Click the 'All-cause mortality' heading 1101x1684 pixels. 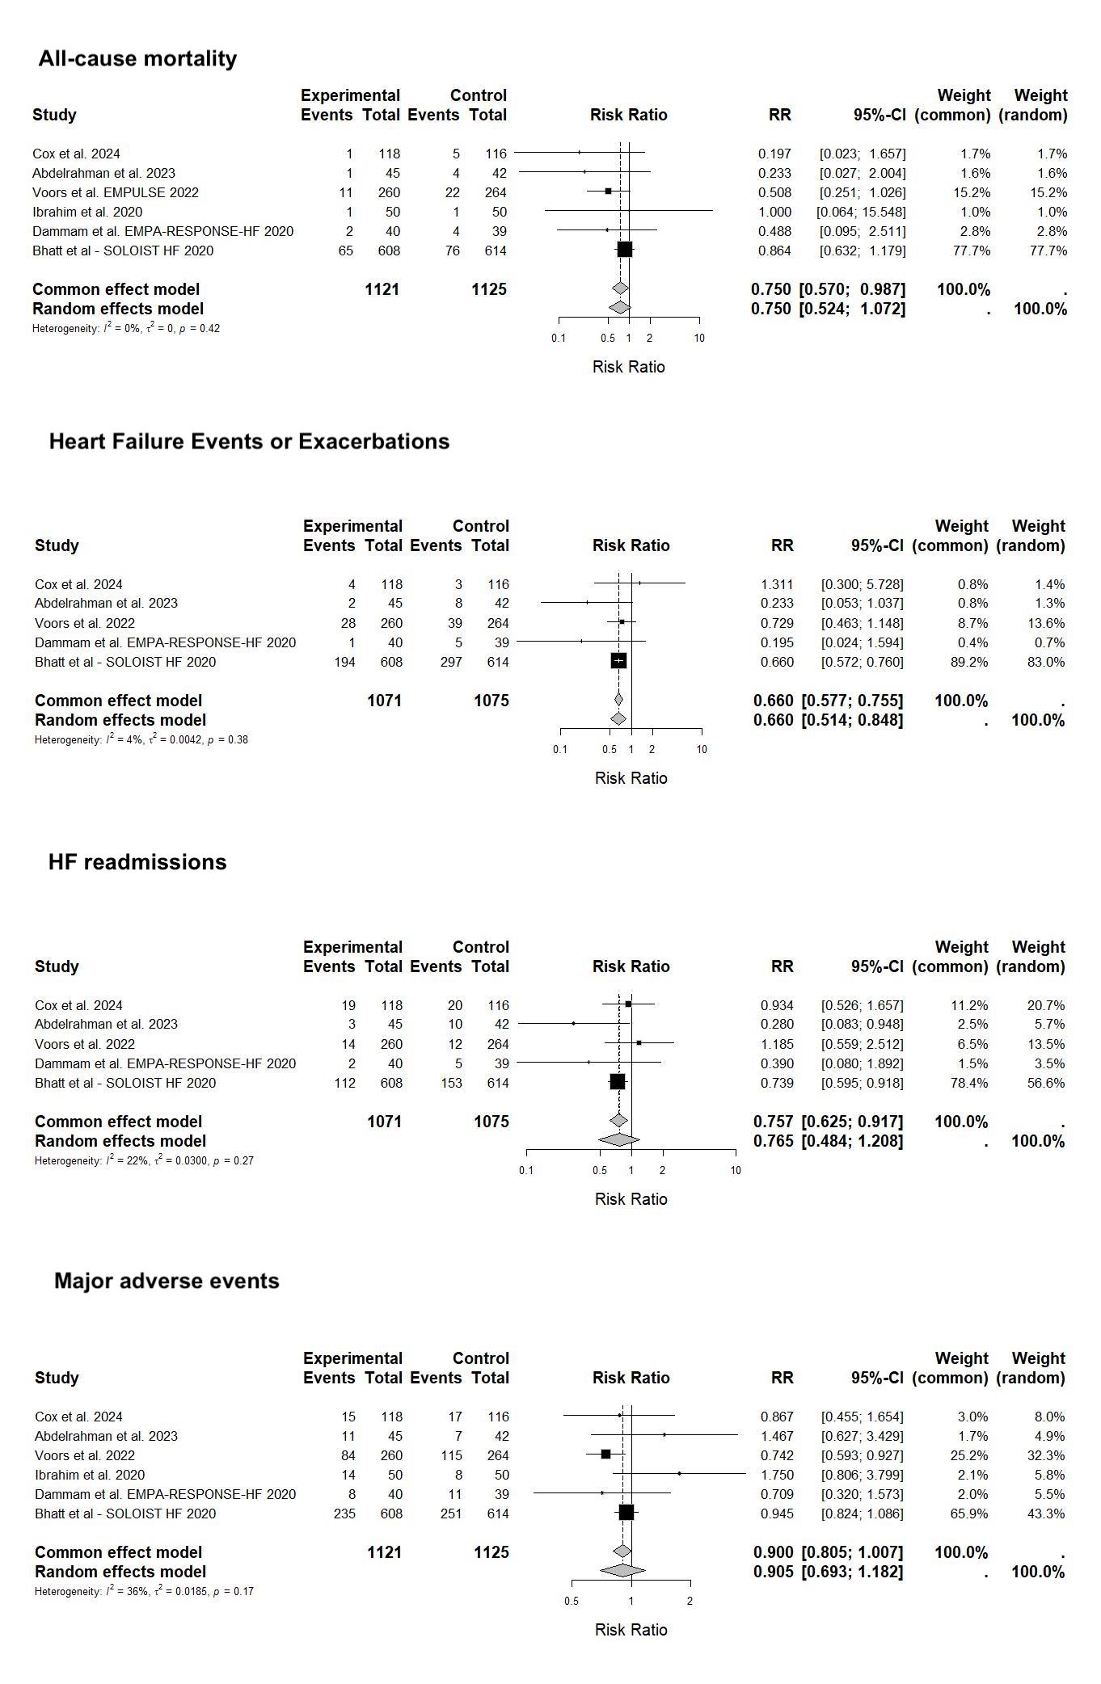pyautogui.click(x=137, y=59)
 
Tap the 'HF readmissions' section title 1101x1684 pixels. pyautogui.click(x=137, y=862)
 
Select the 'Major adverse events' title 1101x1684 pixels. pyautogui.click(x=167, y=1282)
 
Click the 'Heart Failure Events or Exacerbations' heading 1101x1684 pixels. pyautogui.click(x=249, y=442)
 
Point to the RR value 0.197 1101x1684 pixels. pyautogui.click(x=774, y=154)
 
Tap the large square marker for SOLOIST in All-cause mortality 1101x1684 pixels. pyautogui.click(x=624, y=250)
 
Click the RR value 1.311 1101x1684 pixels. pyautogui.click(x=777, y=584)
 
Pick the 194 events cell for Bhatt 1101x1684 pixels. pyautogui.click(x=344, y=662)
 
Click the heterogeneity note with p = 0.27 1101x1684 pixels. pyautogui.click(x=144, y=1160)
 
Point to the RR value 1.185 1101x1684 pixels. pyautogui.click(x=777, y=1044)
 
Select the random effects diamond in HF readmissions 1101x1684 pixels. pyautogui.click(x=618, y=1140)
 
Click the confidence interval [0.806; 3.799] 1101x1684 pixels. pyautogui.click(x=862, y=1475)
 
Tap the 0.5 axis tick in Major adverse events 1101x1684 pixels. pyautogui.click(x=572, y=1601)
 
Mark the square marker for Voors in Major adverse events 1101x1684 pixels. pyautogui.click(x=605, y=1455)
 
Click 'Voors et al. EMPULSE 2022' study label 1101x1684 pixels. pyautogui.click(x=116, y=192)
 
